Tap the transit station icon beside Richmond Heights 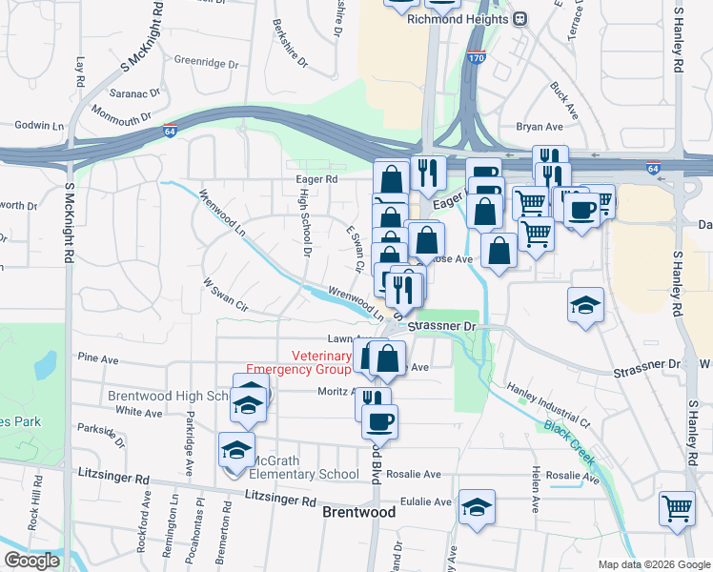pos(521,18)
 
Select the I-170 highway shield pos(477,59)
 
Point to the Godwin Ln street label pos(39,126)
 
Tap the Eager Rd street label pos(317,178)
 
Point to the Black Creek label pos(569,444)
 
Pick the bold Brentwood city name pos(359,512)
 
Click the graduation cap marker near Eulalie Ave pos(476,507)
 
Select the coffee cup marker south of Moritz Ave pos(380,420)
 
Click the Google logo pos(31,561)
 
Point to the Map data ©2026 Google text pos(653,564)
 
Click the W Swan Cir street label pos(225,296)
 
